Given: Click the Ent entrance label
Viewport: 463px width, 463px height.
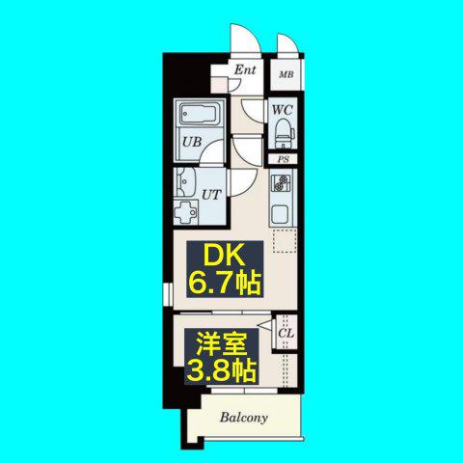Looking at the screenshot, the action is click(245, 69).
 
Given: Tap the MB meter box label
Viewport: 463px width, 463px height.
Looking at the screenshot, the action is click(286, 75).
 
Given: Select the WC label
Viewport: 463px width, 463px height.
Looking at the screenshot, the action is click(283, 110).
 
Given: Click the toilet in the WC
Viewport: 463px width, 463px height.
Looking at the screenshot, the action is click(284, 133).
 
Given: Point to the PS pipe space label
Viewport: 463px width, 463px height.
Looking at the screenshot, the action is click(284, 159).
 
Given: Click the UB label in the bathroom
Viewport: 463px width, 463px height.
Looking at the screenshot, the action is click(192, 142).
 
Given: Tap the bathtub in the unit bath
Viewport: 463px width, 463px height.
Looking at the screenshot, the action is click(198, 114).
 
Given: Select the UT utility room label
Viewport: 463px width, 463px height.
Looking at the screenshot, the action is click(211, 195).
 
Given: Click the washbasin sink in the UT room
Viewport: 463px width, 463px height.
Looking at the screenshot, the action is click(184, 181).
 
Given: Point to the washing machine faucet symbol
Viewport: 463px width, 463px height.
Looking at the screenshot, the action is click(185, 211).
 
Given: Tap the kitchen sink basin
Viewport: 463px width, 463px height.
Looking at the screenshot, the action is click(281, 214).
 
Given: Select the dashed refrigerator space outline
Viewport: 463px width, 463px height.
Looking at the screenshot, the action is click(285, 241).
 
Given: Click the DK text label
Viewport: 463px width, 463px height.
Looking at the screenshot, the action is click(224, 256).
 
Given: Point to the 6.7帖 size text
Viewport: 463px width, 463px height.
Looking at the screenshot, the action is click(225, 283).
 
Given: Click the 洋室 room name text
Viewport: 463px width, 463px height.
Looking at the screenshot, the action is click(222, 344).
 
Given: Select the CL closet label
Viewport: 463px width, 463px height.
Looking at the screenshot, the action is click(286, 334).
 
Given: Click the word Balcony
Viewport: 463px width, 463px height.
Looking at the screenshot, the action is click(244, 418).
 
